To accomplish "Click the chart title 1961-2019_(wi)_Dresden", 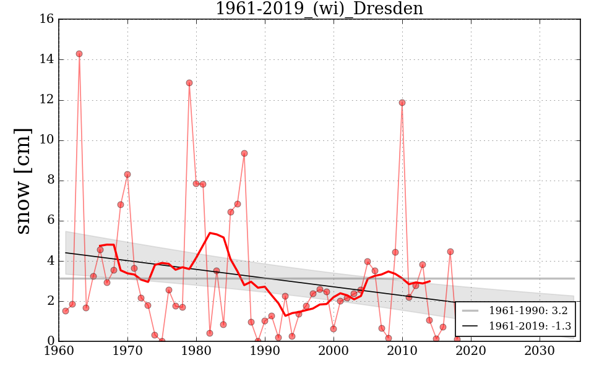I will pos(319,9).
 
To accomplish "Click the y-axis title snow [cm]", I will pos(23,181).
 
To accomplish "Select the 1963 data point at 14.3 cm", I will pos(79,54).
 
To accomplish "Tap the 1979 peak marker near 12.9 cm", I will pos(189,83).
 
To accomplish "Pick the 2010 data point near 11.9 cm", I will pos(402,103).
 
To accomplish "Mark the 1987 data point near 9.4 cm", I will pos(244,153).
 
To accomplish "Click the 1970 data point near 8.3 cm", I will pos(127,174).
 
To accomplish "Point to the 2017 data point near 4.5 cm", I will pos(450,252).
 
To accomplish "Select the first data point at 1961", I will pos(66,311).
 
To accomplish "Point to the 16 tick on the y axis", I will pos(46,19).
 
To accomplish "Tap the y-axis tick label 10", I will pos(46,140).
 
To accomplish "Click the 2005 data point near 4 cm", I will pos(368,262).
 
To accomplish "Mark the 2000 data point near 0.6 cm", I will pos(334,329).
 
